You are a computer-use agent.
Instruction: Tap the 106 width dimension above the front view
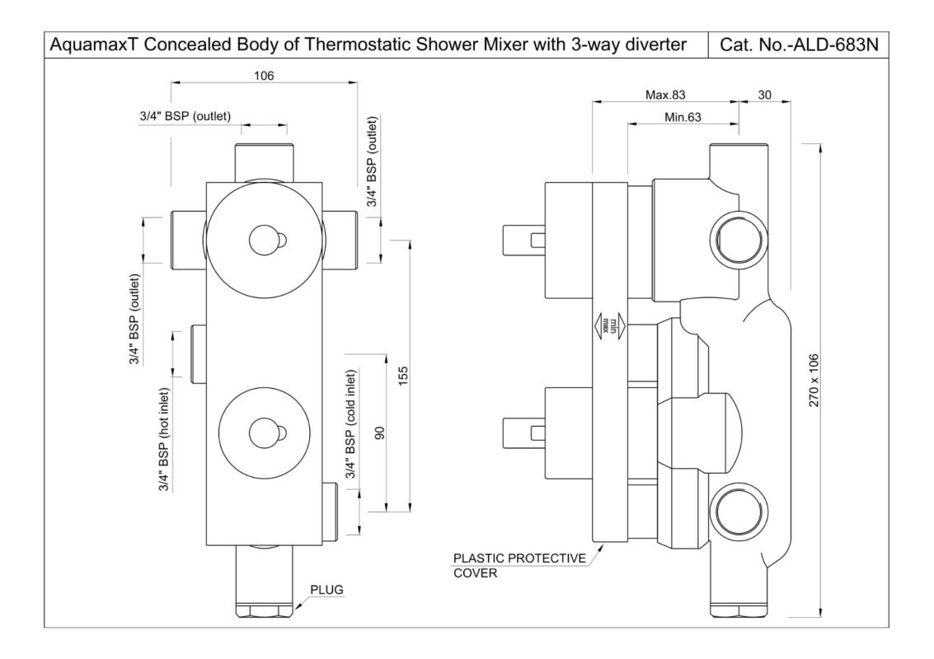[x=264, y=76]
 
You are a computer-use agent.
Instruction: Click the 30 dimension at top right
[x=764, y=96]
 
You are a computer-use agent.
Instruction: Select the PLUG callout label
[x=326, y=590]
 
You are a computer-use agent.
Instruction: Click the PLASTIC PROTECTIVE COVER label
[x=519, y=566]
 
